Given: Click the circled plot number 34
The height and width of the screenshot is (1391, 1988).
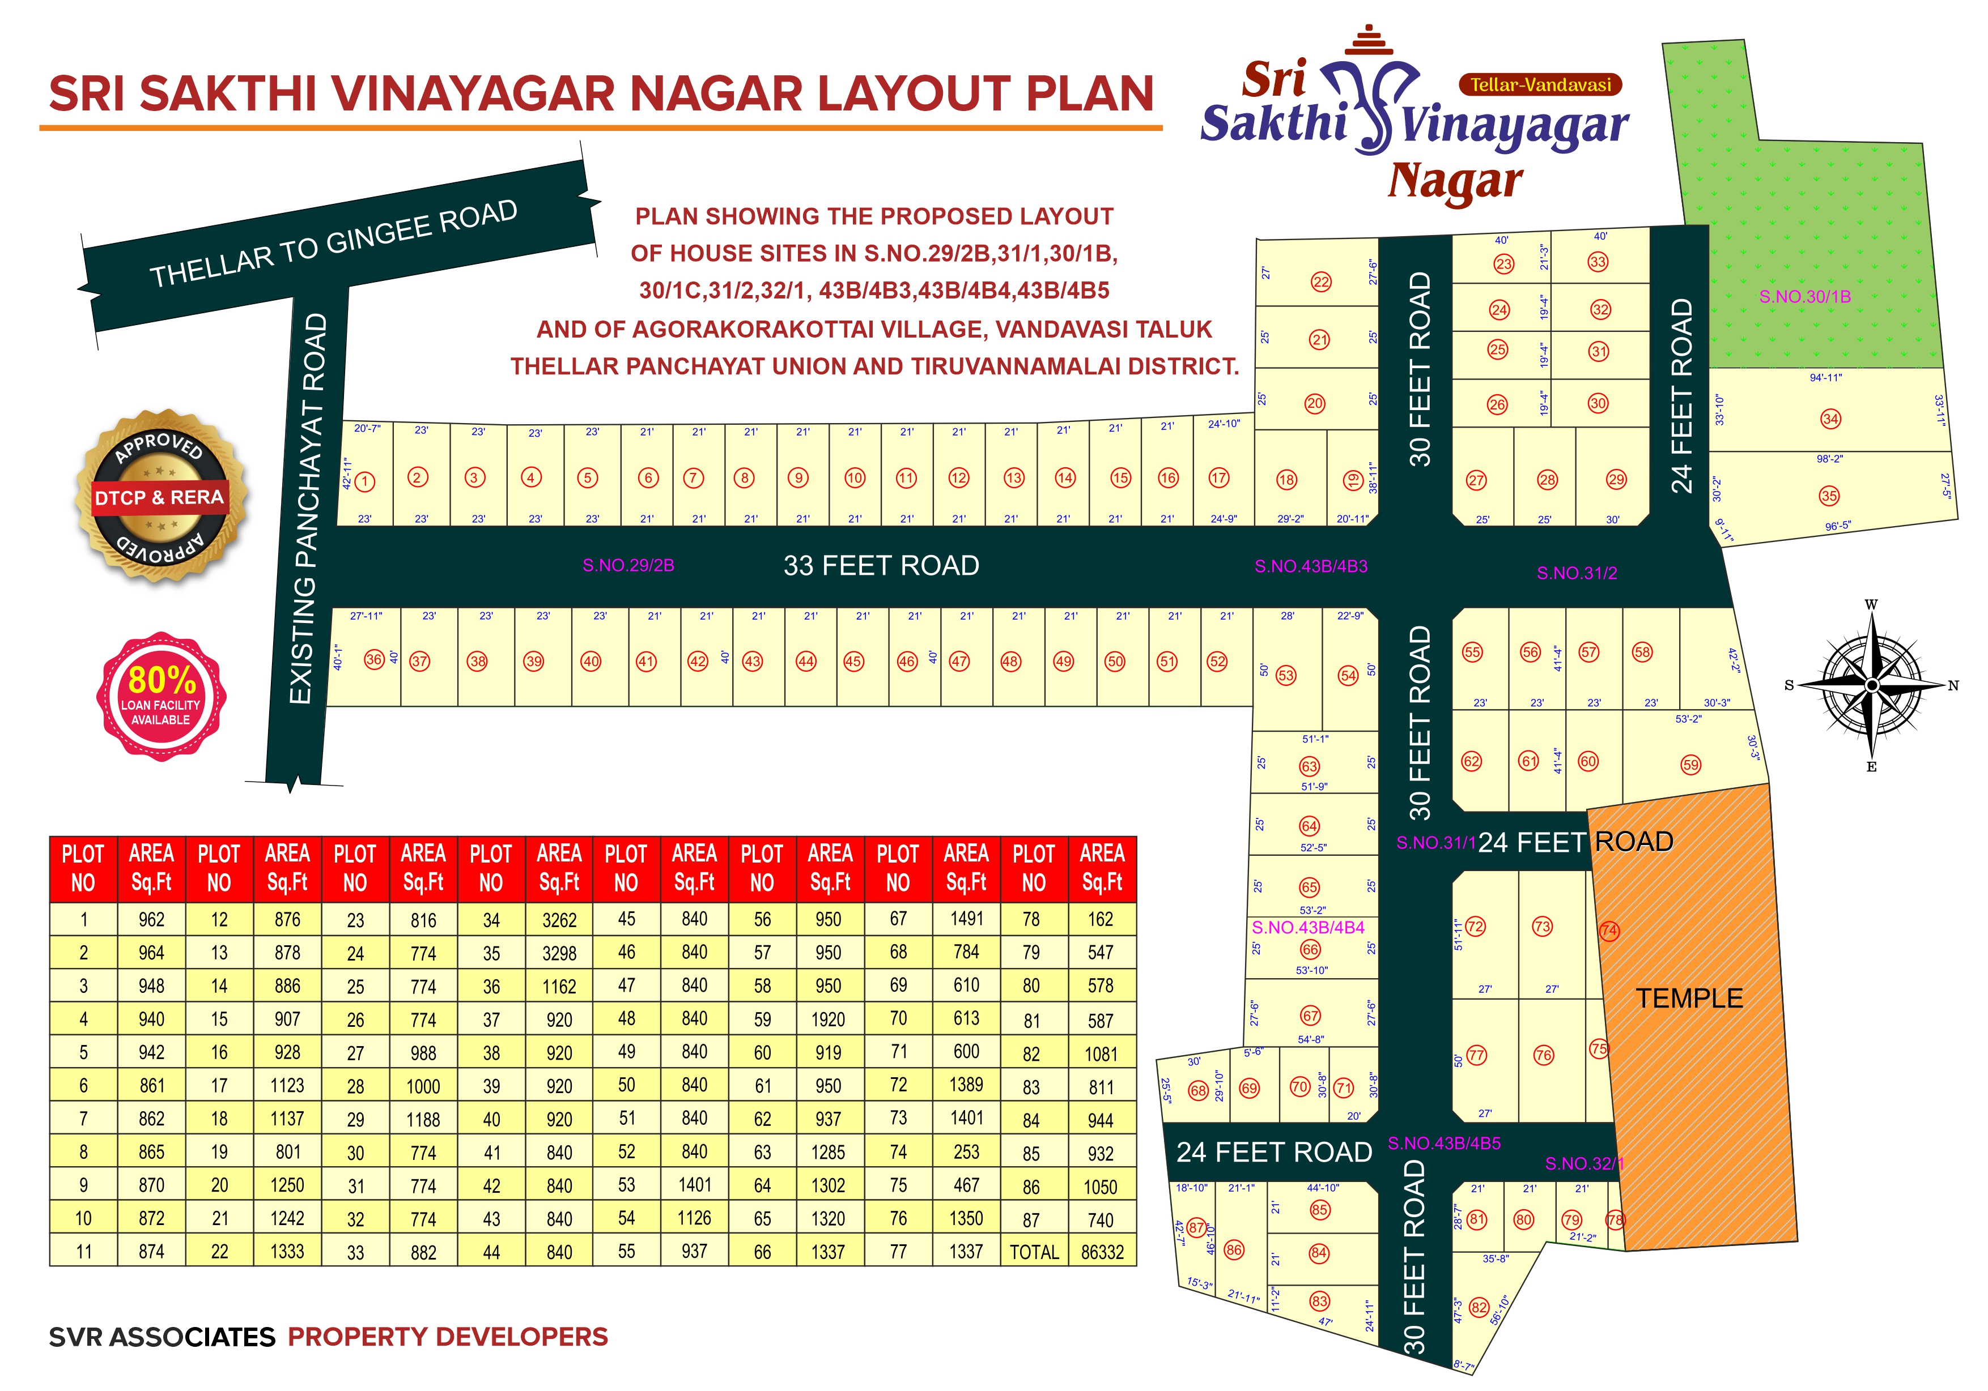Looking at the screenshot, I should tap(1829, 419).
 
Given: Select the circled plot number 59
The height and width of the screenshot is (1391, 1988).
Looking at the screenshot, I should tap(1690, 765).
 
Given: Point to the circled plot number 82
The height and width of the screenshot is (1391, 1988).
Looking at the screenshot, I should tap(1479, 1308).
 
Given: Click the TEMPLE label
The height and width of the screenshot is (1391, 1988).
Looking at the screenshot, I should tap(1688, 998).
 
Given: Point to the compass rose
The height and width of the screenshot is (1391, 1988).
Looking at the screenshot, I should tap(1871, 685).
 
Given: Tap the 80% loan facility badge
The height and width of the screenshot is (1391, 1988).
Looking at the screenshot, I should tap(161, 695).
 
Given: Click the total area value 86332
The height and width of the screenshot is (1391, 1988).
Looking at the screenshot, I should tap(1101, 1252).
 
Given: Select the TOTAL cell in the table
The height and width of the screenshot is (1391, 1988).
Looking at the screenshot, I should tap(1034, 1252).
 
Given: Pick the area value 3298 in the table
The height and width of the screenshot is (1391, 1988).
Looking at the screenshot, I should tap(558, 953).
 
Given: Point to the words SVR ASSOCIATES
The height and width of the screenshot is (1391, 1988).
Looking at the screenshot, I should tap(162, 1337).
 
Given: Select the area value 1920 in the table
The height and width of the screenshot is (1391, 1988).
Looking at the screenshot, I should tap(828, 1019).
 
